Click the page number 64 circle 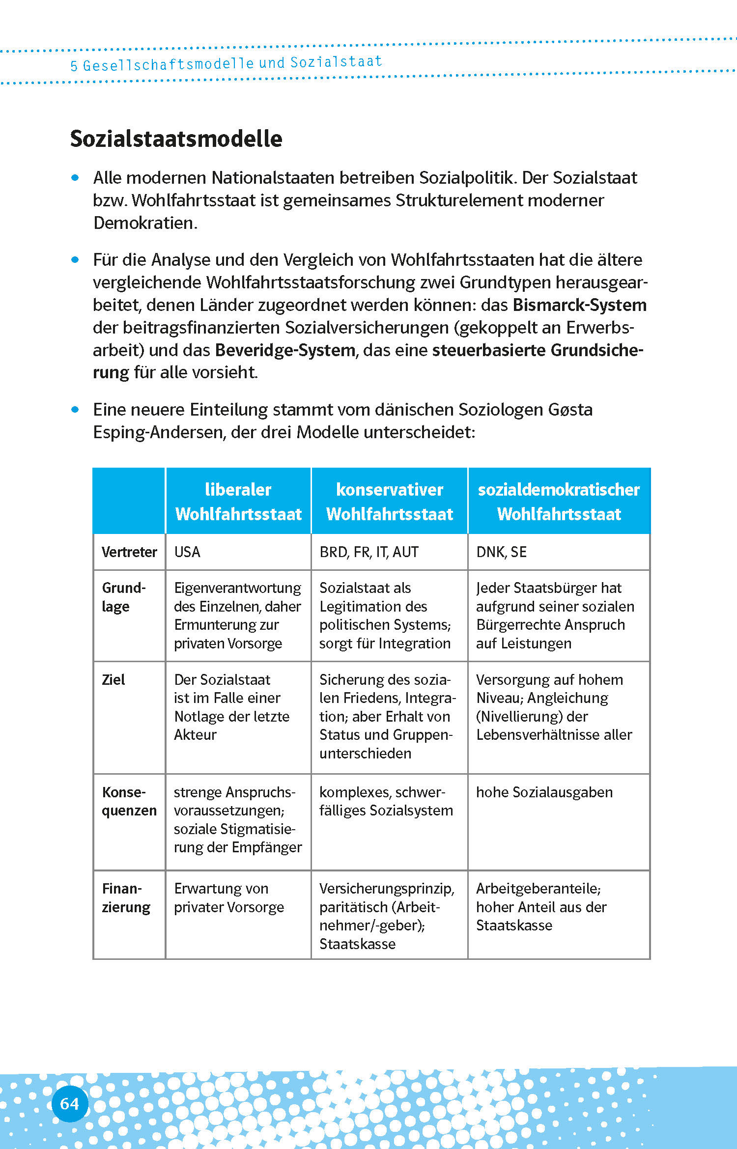tap(69, 1104)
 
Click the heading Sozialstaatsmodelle tap(176, 139)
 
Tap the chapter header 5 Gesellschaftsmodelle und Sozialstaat tap(226, 63)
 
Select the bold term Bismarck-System tap(579, 305)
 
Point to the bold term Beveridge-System tap(285, 350)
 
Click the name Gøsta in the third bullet tap(570, 410)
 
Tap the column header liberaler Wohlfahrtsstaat tap(238, 502)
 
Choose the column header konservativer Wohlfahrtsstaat tap(389, 502)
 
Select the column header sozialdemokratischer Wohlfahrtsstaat tap(559, 502)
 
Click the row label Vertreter tap(129, 552)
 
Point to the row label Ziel tap(113, 680)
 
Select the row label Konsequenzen tap(129, 801)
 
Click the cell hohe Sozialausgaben tap(544, 792)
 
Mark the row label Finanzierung tap(126, 898)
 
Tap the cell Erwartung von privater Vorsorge tap(228, 898)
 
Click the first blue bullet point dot tap(75, 178)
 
